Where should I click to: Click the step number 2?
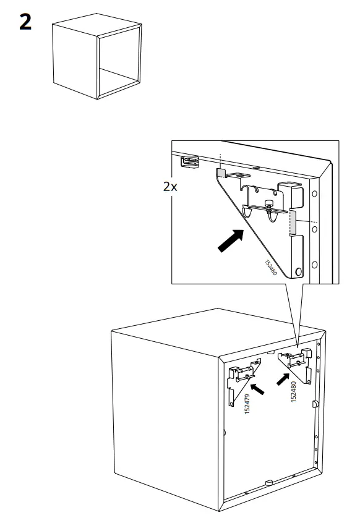(25, 22)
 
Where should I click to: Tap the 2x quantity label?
(170, 187)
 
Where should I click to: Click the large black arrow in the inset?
(230, 240)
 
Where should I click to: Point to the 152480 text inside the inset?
(271, 268)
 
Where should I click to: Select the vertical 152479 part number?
(247, 404)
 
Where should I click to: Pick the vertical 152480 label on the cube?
(294, 391)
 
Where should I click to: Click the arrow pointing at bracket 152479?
(257, 389)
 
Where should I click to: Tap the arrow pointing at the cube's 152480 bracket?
(283, 379)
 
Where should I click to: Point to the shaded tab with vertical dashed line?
(220, 172)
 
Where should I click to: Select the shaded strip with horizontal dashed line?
(293, 222)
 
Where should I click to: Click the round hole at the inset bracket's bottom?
(299, 271)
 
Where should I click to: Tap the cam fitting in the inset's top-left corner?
(189, 162)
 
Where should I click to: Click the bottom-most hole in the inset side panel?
(314, 265)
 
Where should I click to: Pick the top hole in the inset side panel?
(314, 193)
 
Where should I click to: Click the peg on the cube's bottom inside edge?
(269, 482)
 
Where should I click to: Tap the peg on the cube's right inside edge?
(315, 404)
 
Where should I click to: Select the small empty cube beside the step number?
(97, 56)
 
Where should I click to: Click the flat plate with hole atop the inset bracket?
(238, 175)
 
